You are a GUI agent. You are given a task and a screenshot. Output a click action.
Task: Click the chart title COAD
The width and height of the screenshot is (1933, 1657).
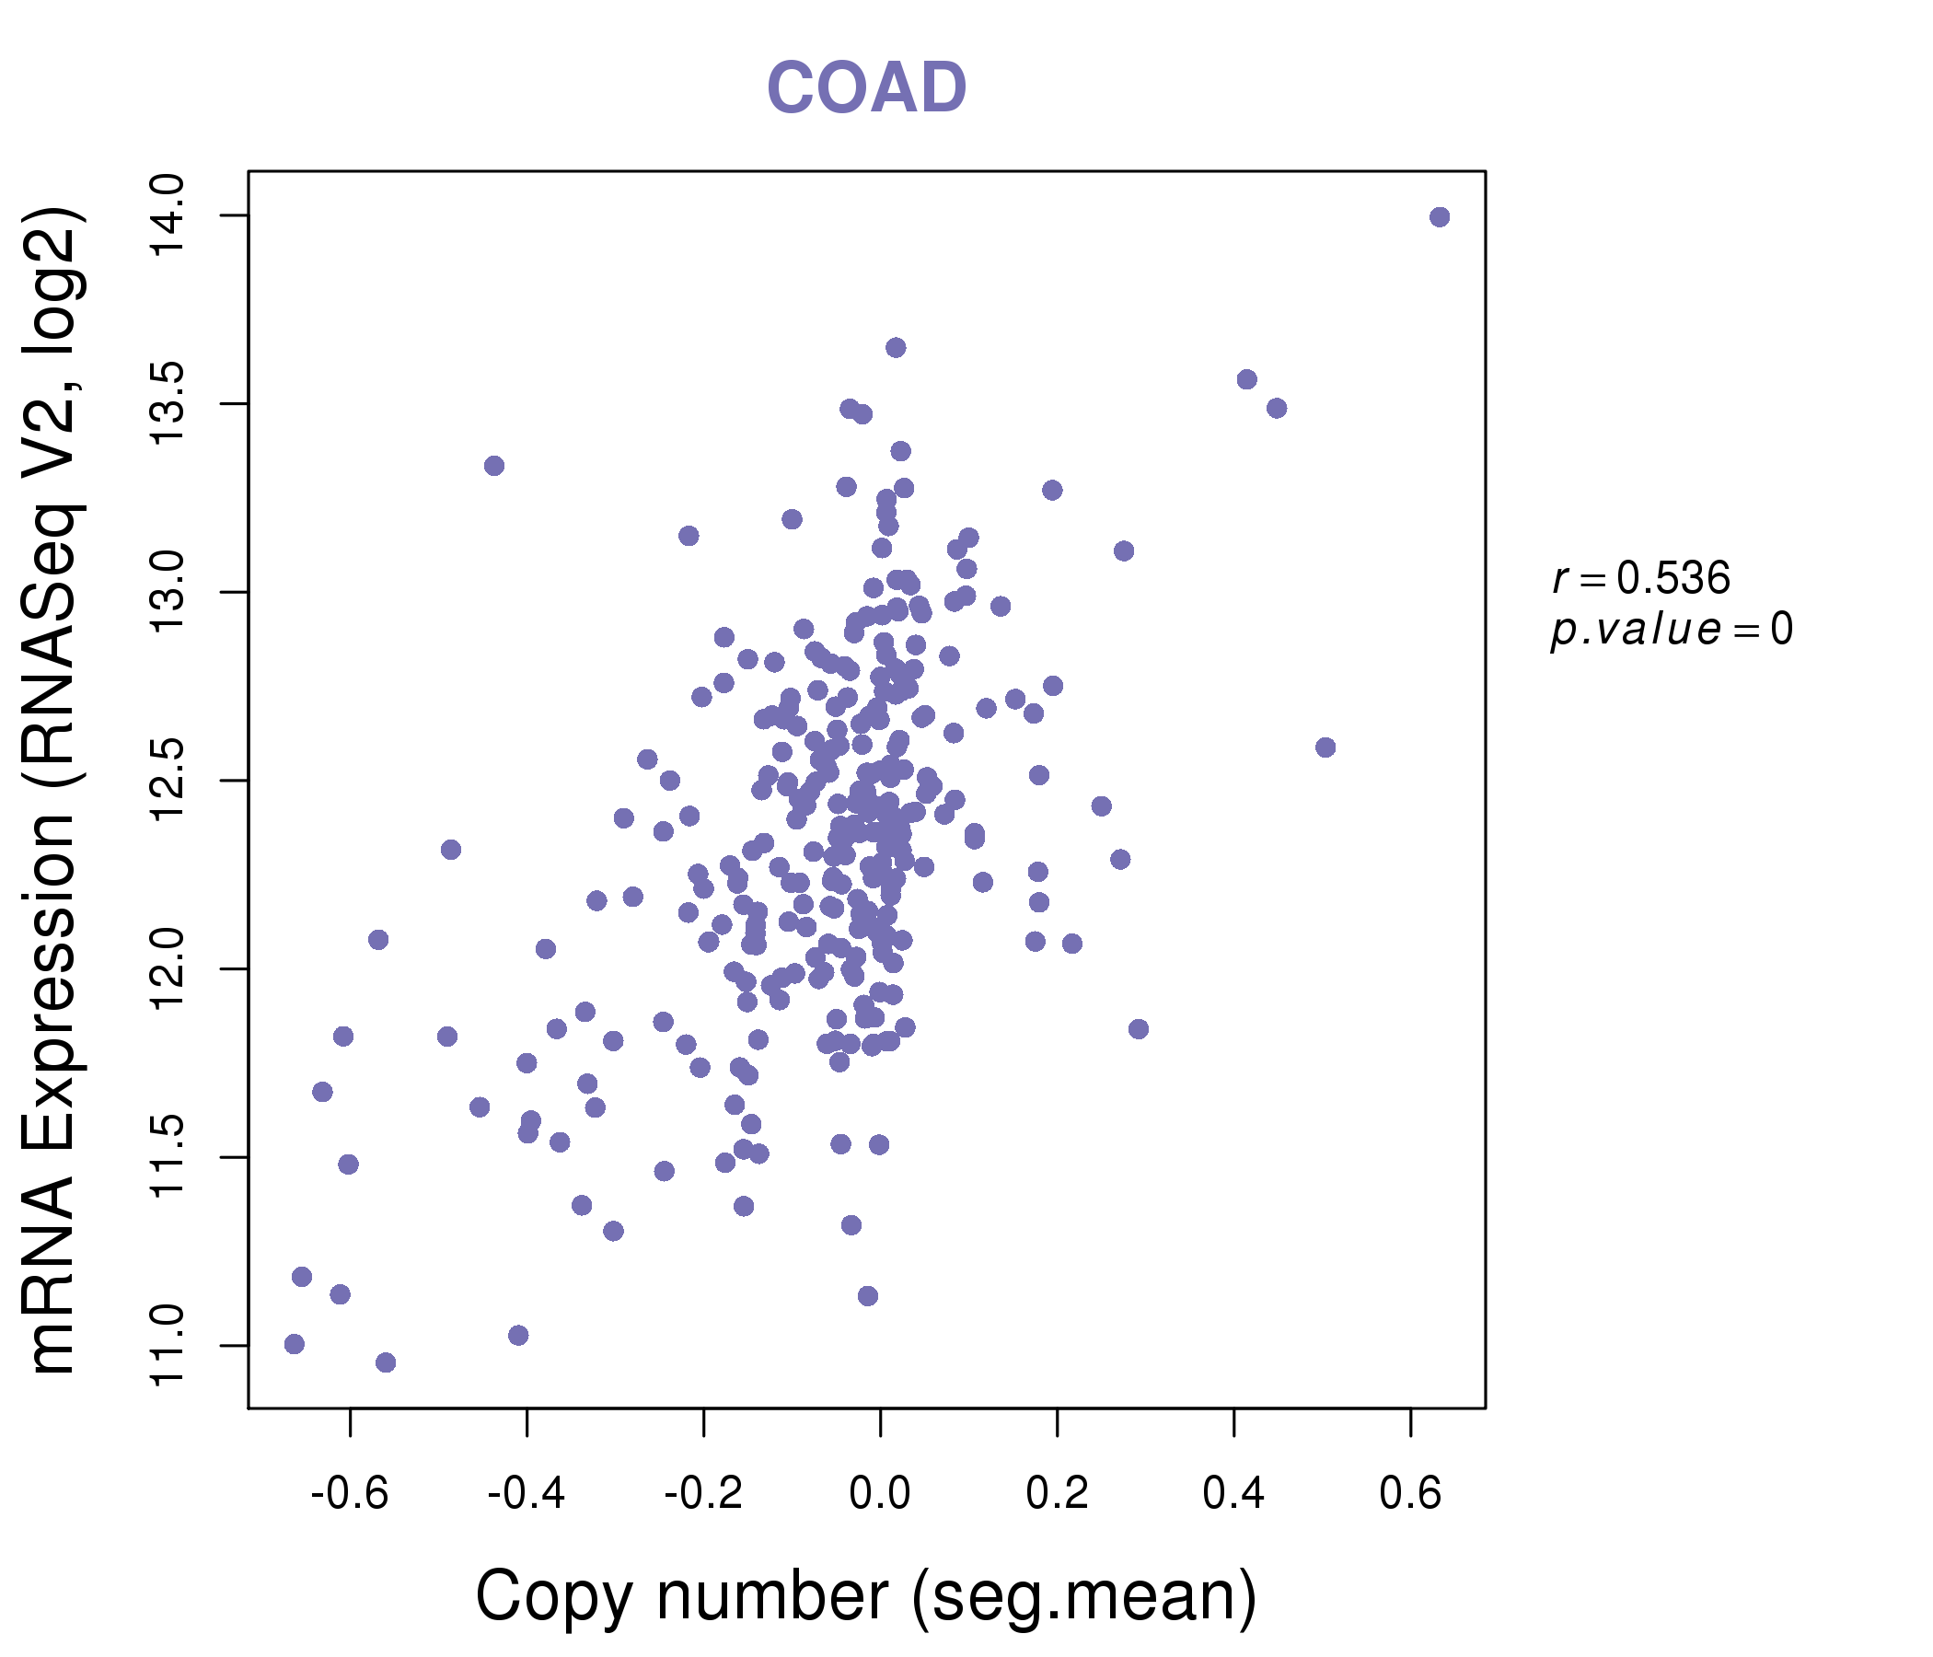click(866, 87)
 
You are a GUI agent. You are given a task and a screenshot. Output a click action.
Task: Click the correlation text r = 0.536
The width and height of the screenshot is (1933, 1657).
click(1641, 578)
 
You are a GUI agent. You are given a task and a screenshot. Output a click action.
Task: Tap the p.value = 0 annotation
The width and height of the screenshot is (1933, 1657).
click(1671, 630)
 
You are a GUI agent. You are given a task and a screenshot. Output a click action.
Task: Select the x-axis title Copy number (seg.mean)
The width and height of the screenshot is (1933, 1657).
click(866, 1596)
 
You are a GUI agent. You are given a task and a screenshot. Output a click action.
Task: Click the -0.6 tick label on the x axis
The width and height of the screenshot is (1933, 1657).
click(349, 1494)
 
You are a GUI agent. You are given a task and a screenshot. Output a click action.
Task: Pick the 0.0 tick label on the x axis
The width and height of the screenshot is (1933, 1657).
click(880, 1494)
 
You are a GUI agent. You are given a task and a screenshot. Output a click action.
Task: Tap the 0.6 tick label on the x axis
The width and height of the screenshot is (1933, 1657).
click(1409, 1494)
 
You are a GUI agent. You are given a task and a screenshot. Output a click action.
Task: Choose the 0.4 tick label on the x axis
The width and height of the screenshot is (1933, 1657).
click(1233, 1494)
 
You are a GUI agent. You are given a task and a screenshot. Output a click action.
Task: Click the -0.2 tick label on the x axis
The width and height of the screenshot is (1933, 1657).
click(702, 1494)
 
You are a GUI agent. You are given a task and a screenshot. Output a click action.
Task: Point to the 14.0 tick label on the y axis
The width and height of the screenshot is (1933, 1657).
click(168, 215)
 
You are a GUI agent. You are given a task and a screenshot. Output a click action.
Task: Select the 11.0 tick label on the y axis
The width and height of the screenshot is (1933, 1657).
click(168, 1345)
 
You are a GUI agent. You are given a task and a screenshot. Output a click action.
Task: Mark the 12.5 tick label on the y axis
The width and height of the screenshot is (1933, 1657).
click(168, 781)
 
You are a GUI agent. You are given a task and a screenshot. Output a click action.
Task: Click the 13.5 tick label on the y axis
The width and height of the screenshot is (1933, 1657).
click(168, 404)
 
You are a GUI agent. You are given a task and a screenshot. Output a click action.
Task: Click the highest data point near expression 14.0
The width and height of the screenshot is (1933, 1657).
click(1440, 217)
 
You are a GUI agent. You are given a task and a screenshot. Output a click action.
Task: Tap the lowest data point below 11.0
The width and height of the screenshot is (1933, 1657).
click(386, 1363)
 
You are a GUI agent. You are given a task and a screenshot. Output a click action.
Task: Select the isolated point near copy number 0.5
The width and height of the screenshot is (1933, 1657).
click(1325, 747)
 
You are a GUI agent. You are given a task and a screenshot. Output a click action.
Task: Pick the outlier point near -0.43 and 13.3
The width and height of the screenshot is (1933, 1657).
click(494, 466)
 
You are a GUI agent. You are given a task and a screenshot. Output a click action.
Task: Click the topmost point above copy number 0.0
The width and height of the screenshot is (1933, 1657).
click(896, 348)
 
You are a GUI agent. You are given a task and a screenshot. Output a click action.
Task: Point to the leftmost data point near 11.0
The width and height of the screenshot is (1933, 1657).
click(294, 1343)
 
